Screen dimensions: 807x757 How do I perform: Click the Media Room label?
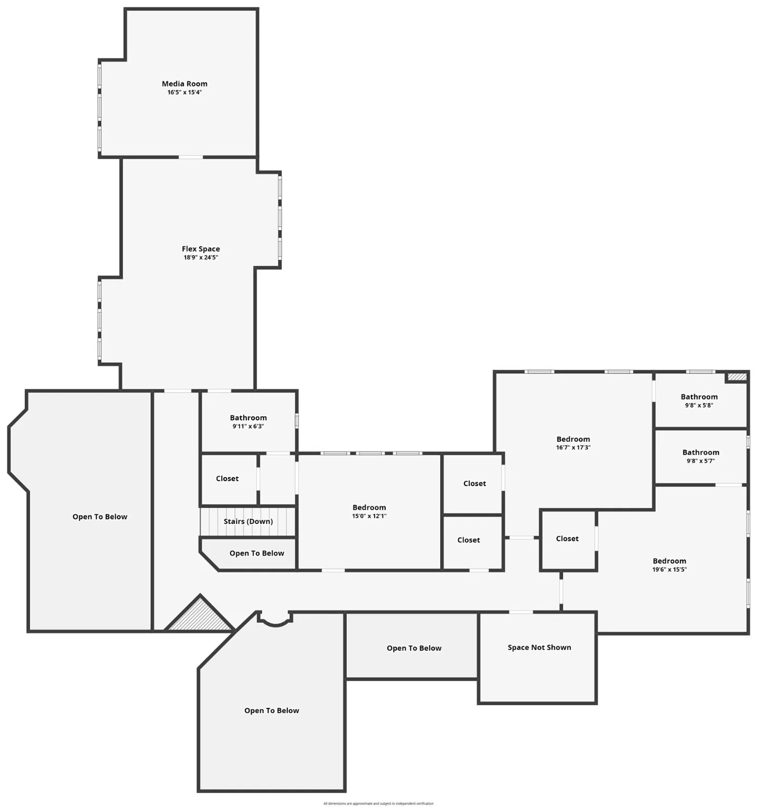click(184, 84)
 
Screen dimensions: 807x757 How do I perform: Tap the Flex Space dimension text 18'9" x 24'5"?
click(201, 257)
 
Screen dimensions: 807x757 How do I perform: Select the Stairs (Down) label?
click(248, 521)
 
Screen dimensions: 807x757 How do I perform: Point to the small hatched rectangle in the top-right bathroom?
click(737, 377)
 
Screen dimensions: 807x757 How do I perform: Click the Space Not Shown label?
click(539, 647)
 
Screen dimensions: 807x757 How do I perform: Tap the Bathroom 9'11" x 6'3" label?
click(248, 418)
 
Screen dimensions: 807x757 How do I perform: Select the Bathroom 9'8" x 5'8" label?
click(699, 397)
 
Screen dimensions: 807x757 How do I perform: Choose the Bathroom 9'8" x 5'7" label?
click(700, 452)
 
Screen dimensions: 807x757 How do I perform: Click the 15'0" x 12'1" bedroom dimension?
click(369, 516)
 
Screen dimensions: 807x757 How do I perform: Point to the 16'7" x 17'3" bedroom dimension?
click(573, 448)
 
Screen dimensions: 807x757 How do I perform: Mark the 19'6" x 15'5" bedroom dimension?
click(669, 570)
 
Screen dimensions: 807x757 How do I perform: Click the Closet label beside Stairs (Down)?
click(227, 479)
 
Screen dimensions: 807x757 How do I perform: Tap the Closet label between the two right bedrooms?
click(567, 539)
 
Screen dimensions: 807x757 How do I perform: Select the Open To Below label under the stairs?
click(256, 553)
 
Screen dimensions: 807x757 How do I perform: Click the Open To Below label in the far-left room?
click(100, 516)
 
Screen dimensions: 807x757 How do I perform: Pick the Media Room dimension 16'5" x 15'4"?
click(184, 92)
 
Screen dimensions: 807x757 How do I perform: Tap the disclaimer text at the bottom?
click(378, 803)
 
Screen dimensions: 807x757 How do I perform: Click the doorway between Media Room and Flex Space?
click(190, 157)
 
